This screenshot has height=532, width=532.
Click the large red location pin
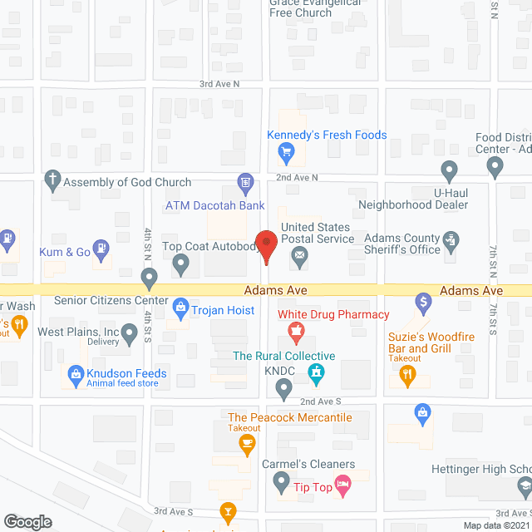[267, 244]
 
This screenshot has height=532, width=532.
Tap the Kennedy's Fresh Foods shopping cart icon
[286, 151]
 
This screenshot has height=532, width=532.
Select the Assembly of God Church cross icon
[52, 180]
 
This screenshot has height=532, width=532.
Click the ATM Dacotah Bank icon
[245, 181]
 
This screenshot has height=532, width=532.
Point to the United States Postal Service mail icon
[298, 263]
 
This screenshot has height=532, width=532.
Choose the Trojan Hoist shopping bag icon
[180, 309]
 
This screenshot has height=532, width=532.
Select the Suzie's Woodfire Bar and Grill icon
[406, 376]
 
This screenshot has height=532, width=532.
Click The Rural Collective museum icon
[316, 377]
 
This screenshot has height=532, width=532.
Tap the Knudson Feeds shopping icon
[76, 375]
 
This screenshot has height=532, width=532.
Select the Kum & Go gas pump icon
[101, 247]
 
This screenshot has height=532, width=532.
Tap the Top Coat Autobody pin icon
[180, 264]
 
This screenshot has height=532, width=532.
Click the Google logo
[27, 521]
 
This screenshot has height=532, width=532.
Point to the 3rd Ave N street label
[219, 84]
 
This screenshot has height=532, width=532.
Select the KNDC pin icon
[284, 386]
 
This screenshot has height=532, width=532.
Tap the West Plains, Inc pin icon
[129, 334]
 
